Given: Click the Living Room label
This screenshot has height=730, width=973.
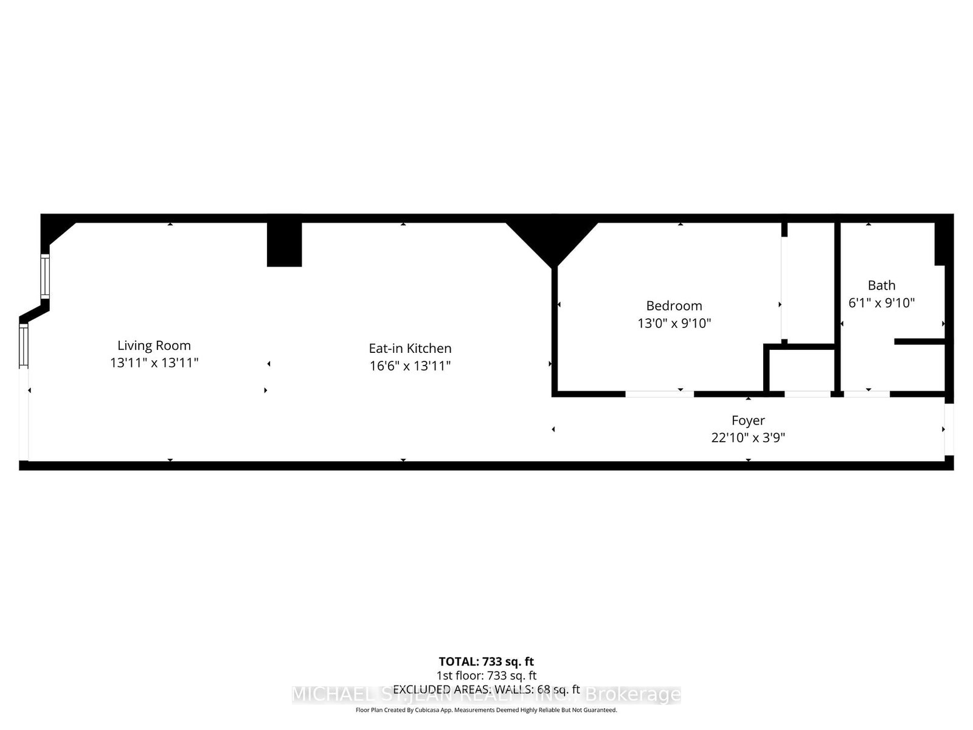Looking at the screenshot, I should pyautogui.click(x=154, y=346).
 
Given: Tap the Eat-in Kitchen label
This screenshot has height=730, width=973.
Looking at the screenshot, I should pyautogui.click(x=410, y=349).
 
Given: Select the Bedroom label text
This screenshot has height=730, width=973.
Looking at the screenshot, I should pyautogui.click(x=674, y=306).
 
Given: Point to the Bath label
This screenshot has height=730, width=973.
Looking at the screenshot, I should pyautogui.click(x=881, y=285).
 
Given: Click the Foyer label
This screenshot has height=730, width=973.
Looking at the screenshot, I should pyautogui.click(x=748, y=420).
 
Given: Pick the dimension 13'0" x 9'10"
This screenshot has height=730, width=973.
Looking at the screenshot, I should pyautogui.click(x=674, y=323).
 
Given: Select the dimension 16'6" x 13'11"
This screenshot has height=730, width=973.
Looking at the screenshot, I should pyautogui.click(x=410, y=366).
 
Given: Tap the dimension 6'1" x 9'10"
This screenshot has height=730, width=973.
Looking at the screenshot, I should pyautogui.click(x=881, y=302).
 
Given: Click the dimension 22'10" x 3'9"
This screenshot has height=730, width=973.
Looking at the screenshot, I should pyautogui.click(x=748, y=437).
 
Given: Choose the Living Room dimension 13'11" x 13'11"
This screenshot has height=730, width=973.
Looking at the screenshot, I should pyautogui.click(x=154, y=363).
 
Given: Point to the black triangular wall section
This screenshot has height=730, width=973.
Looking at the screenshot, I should pyautogui.click(x=553, y=240).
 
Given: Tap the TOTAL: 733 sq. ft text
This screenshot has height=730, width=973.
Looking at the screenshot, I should pyautogui.click(x=486, y=661).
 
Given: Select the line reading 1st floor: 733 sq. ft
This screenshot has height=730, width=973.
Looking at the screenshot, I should pyautogui.click(x=486, y=675).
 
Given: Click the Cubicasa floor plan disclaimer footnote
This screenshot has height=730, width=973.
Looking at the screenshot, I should pyautogui.click(x=486, y=710).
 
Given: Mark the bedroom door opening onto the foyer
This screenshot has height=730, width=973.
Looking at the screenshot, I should pyautogui.click(x=659, y=394).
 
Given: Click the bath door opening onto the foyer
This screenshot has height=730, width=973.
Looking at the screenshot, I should pyautogui.click(x=867, y=394).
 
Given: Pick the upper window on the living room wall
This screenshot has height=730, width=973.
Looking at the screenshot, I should pyautogui.click(x=45, y=276).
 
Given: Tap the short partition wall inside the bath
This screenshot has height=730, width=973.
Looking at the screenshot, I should pyautogui.click(x=919, y=342).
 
